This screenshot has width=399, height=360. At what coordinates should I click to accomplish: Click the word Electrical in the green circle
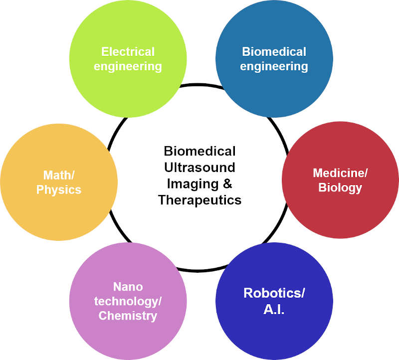pyautogui.click(x=128, y=52)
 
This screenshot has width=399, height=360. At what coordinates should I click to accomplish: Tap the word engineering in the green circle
pyautogui.click(x=128, y=67)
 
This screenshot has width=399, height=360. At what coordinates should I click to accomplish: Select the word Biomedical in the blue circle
pyautogui.click(x=274, y=52)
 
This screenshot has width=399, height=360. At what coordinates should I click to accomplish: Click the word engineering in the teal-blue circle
pyautogui.click(x=274, y=67)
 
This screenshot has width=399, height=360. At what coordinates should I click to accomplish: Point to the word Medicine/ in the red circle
pyautogui.click(x=340, y=173)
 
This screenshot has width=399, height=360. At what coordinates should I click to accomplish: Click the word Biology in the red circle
pyautogui.click(x=340, y=188)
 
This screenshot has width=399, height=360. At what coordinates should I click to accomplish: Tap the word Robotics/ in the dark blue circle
pyautogui.click(x=274, y=293)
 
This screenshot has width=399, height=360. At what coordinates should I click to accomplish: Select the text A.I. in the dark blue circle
pyautogui.click(x=274, y=309)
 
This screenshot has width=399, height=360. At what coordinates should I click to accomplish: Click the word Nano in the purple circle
pyautogui.click(x=128, y=287)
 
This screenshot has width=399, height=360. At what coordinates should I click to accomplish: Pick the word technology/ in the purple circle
pyautogui.click(x=128, y=301)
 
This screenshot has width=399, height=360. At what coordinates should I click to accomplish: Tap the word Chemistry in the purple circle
pyautogui.click(x=128, y=316)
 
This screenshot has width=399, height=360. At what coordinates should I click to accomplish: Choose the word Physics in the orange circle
pyautogui.click(x=58, y=189)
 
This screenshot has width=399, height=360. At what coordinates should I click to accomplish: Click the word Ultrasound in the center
pyautogui.click(x=199, y=167)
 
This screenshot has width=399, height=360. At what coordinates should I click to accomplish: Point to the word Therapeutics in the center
pyautogui.click(x=199, y=200)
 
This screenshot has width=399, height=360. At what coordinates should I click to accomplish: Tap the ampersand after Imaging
pyautogui.click(x=228, y=183)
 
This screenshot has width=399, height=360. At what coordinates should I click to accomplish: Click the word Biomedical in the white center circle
pyautogui.click(x=199, y=151)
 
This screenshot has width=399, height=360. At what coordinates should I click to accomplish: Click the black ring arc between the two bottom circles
pyautogui.click(x=199, y=271)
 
